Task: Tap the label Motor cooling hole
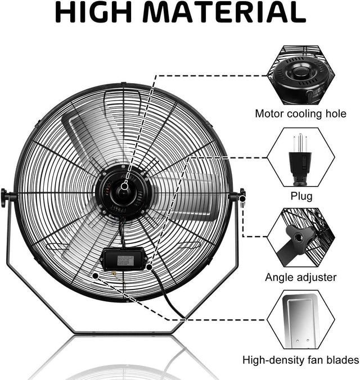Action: tap(300, 114)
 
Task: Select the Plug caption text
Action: tap(301, 196)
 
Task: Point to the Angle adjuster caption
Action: tap(301, 277)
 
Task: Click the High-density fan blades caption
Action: tap(301, 360)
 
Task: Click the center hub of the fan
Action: tap(123, 193)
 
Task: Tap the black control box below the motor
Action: tap(124, 258)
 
